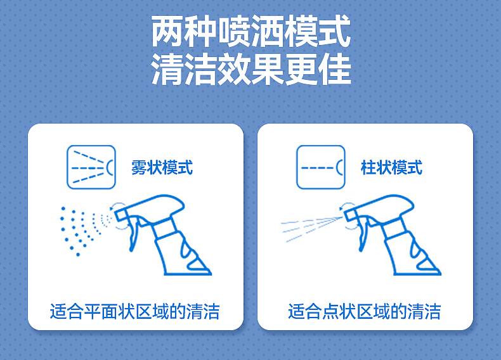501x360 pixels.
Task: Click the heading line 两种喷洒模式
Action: [x=251, y=32]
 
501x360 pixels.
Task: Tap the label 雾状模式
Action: [x=162, y=168]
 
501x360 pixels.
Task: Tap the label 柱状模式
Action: [x=391, y=168]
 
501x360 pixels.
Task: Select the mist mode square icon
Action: [x=91, y=167]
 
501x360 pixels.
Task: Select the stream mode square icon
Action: [x=321, y=167]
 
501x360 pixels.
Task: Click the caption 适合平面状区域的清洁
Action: [x=135, y=311]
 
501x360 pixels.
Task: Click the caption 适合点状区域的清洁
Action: [x=365, y=311]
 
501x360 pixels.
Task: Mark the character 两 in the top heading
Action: [x=167, y=32]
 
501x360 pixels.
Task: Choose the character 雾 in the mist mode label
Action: [x=139, y=168]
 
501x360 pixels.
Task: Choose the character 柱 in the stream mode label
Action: [x=368, y=168]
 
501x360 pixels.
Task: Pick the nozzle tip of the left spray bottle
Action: [x=115, y=212]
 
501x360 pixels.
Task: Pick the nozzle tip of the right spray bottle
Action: [x=345, y=212]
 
